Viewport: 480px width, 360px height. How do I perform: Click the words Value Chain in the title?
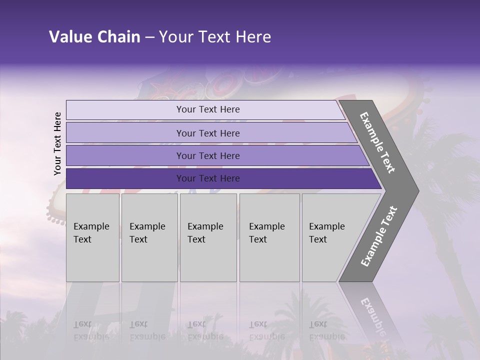(x=94, y=37)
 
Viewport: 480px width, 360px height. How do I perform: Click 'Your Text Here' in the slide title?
(x=215, y=37)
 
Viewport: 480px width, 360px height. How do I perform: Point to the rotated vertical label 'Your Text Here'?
(x=57, y=143)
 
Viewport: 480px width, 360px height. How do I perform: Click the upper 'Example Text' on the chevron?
(x=377, y=142)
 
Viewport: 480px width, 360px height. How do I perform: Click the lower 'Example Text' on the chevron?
(x=379, y=236)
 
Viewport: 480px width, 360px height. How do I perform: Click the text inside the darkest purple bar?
(x=208, y=178)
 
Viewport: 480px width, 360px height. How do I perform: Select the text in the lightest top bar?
(x=208, y=109)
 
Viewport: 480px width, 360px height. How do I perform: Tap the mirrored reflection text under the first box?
(x=91, y=330)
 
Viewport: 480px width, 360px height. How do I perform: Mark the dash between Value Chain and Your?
(x=149, y=37)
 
